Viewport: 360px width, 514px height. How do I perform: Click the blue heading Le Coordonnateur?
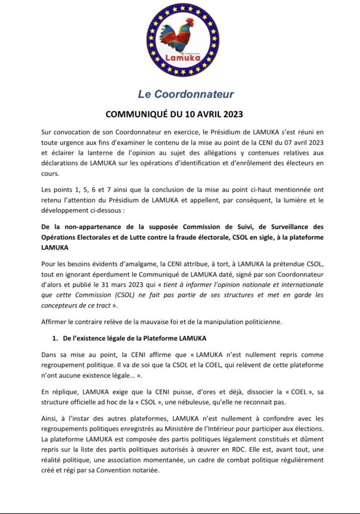coord(180,94)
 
